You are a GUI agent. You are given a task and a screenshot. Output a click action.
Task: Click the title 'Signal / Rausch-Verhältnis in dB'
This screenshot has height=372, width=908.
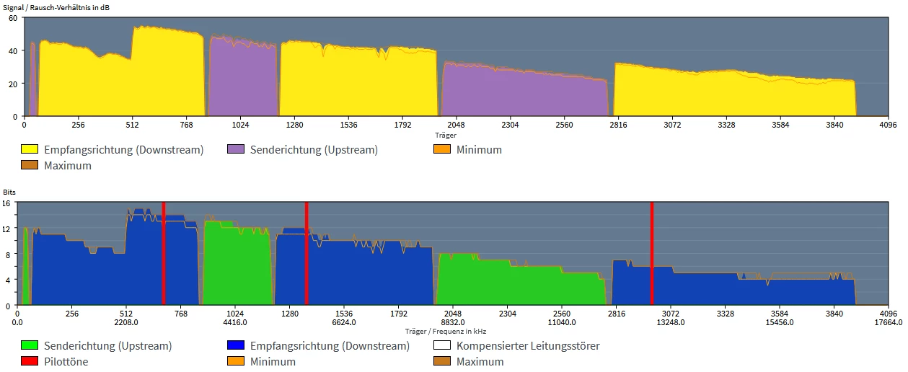(x=58, y=6)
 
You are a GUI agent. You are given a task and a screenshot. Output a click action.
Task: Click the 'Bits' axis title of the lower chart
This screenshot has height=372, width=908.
(x=9, y=193)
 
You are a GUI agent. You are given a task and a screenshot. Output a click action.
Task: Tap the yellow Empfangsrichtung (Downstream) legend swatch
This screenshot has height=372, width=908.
(x=30, y=150)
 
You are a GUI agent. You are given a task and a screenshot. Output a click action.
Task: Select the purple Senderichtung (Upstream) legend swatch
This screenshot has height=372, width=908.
(x=236, y=150)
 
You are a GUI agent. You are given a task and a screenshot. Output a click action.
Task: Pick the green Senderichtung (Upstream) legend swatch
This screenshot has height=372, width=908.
(x=30, y=346)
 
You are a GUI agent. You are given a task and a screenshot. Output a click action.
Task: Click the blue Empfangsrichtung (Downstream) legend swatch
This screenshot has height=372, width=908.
(x=236, y=346)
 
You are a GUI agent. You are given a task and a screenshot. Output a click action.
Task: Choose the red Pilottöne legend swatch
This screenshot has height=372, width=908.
(x=30, y=361)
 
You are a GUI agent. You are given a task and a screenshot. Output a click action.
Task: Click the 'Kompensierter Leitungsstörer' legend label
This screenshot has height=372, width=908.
(x=528, y=346)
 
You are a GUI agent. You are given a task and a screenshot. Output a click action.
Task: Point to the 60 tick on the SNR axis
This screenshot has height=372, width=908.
(x=12, y=18)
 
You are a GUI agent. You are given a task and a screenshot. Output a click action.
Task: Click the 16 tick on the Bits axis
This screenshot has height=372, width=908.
(x=6, y=204)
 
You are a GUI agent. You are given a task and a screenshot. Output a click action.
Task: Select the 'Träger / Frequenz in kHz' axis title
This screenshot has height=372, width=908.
(x=446, y=332)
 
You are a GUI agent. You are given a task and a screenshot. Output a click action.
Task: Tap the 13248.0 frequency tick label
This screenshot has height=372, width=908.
(x=671, y=322)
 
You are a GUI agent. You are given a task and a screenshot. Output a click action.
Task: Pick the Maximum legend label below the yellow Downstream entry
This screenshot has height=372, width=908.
(x=68, y=166)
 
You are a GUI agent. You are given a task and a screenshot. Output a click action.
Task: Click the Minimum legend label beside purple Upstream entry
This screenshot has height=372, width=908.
(x=479, y=150)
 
